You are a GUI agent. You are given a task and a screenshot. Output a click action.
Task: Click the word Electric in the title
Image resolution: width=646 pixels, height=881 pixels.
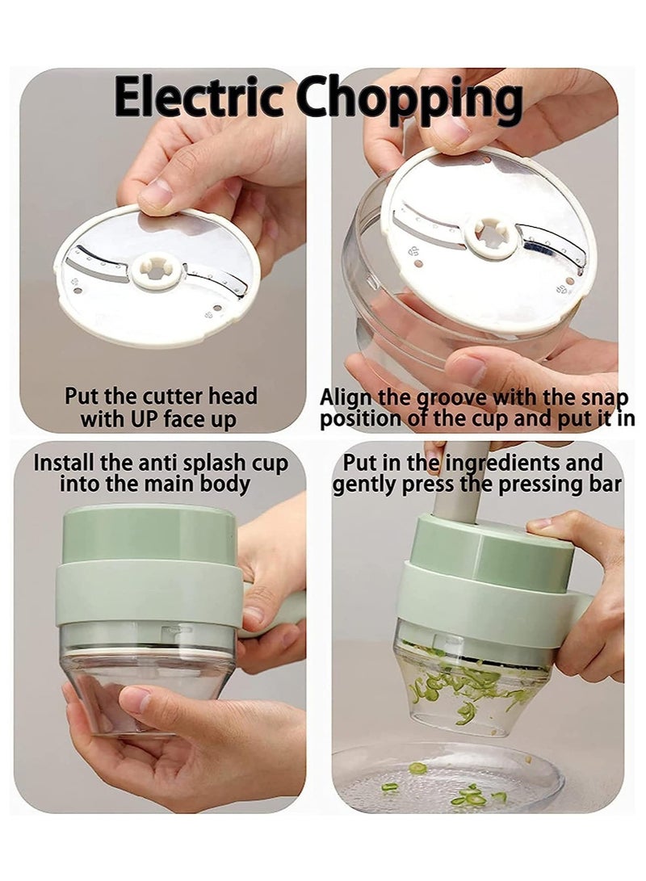coord(199,98)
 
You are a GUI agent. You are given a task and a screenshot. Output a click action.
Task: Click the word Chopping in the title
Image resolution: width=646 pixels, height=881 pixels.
coord(410,102)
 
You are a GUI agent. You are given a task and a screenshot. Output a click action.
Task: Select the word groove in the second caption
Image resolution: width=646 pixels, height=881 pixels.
coord(453,398)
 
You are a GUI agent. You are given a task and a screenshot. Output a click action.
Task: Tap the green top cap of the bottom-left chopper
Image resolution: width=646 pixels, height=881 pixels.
coord(149,533)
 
